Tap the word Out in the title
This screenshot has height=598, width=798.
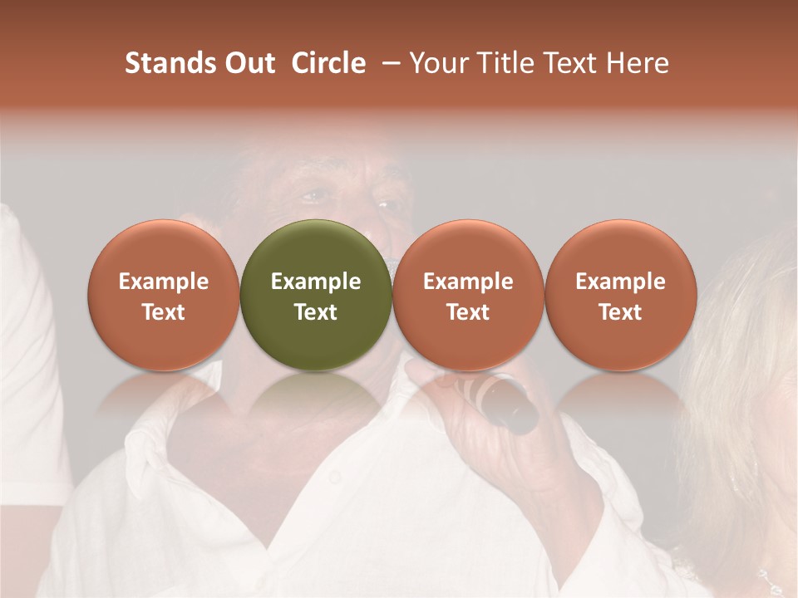pyautogui.click(x=248, y=63)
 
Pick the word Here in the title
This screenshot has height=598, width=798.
pyautogui.click(x=638, y=63)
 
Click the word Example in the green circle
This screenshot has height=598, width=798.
pyautogui.click(x=316, y=282)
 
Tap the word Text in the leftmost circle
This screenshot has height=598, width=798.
pyautogui.click(x=164, y=312)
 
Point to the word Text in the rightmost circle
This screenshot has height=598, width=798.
pyautogui.click(x=621, y=312)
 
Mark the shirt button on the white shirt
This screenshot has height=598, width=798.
pyautogui.click(x=334, y=478)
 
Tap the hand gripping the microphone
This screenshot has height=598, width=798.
pyautogui.click(x=465, y=415)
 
